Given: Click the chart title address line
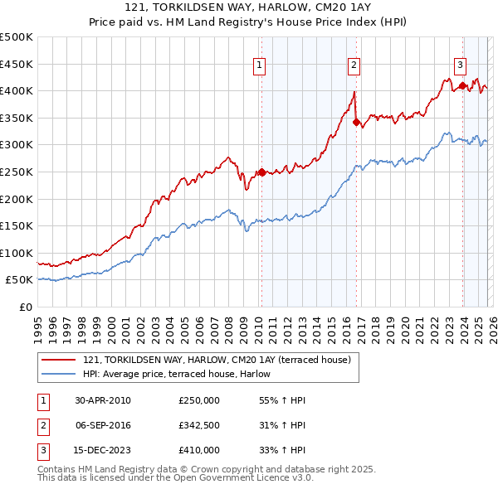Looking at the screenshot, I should [249, 7].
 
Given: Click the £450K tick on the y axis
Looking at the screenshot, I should [17, 64].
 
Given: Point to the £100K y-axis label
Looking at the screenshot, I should [17, 253].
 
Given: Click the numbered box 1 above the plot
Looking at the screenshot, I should [260, 64].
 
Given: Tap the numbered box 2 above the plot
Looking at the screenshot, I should [354, 64].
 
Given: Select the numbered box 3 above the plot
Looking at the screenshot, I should [460, 64].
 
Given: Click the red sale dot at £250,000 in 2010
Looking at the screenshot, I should [261, 172].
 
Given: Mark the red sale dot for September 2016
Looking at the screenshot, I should [356, 122].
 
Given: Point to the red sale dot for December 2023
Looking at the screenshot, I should [462, 85].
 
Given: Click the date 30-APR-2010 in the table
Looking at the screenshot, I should [103, 400].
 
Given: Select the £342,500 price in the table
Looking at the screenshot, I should [199, 425].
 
